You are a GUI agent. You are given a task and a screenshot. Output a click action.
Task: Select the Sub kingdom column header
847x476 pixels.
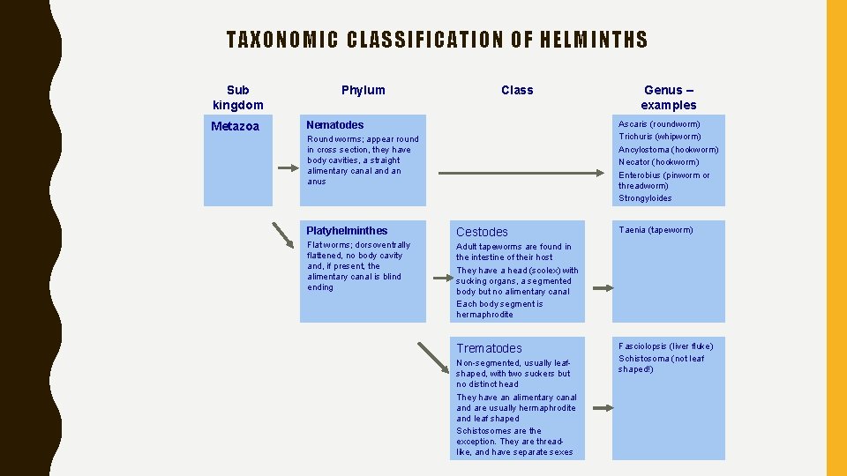237,97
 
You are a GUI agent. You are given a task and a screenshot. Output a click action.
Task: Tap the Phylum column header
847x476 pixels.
363,90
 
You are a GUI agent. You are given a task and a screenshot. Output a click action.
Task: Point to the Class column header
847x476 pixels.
517,90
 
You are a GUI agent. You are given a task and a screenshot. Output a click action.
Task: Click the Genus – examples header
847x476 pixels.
668,97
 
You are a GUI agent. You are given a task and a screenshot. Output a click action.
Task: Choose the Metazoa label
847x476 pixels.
236,126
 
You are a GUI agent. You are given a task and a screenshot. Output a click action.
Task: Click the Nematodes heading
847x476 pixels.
334,125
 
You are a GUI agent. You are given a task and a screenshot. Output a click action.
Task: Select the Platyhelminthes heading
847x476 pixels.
347,231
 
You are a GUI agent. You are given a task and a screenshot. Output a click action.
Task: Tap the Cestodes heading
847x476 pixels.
482,232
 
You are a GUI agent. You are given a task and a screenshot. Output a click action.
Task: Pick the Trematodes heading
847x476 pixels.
489,348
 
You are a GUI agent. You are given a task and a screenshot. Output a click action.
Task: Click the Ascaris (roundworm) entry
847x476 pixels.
659,124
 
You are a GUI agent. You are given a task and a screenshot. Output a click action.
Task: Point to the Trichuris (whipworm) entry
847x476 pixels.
660,137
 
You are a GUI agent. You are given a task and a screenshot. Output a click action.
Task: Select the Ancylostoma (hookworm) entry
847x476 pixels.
668,150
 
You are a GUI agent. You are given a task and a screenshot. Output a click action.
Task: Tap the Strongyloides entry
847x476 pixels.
645,198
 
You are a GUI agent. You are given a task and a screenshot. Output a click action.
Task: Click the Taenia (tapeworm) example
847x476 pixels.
656,230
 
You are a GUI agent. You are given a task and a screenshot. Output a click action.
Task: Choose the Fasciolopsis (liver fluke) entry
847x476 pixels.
666,346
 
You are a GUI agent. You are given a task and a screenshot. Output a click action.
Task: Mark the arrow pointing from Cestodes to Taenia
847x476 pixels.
603,288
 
